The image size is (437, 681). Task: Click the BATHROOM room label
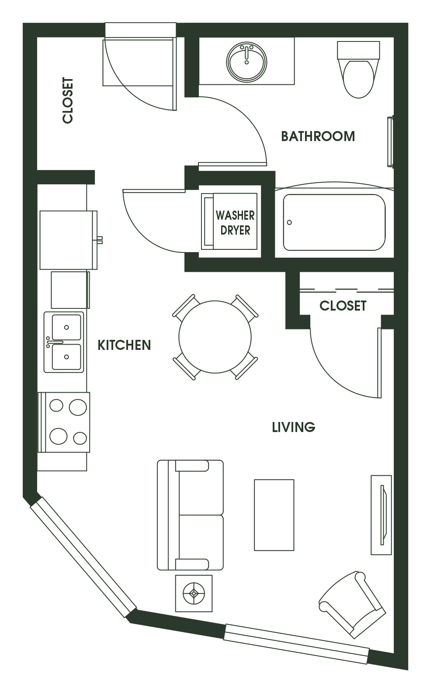318,136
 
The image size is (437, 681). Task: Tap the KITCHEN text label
124,345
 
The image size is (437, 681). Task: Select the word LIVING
294,427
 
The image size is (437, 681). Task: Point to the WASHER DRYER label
235,223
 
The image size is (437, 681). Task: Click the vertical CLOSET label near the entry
67,100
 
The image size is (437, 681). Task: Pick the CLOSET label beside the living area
343,306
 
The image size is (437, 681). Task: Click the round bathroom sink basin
246,62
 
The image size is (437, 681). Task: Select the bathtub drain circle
289,222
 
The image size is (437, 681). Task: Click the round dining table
215,337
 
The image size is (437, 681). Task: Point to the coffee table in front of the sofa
274,515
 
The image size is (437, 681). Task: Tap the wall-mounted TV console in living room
382,515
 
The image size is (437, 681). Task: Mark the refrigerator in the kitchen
69,240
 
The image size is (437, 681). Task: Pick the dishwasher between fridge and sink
70,290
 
